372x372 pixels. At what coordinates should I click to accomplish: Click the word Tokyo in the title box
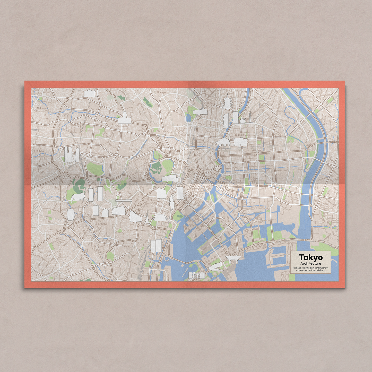pos(310,257)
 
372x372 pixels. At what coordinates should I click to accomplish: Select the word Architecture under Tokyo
pos(310,263)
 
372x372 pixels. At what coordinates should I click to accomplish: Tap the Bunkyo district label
pos(161,92)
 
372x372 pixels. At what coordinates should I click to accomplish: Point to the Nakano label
pos(41,108)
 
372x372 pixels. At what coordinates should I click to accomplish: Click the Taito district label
pos(210,103)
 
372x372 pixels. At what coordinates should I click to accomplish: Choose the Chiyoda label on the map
pos(161,131)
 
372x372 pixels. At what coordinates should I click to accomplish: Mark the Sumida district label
pos(239,135)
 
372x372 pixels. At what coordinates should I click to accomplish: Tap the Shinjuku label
pos(39,151)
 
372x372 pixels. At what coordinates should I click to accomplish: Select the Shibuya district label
pos(102,224)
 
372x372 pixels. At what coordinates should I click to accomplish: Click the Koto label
pos(228,221)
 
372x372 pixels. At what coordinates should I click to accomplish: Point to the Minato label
pos(128,246)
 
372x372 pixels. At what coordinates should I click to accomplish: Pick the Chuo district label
pos(152,200)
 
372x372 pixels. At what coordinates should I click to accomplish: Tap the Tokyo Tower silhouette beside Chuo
pos(147,218)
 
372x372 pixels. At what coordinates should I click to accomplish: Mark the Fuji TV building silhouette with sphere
pos(196,275)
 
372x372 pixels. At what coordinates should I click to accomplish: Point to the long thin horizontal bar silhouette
pos(124,200)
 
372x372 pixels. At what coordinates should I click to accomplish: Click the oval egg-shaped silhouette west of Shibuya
pos(70,214)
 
